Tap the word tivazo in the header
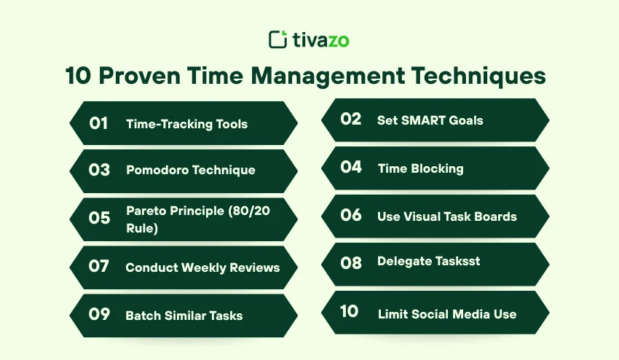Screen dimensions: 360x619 pyautogui.click(x=320, y=39)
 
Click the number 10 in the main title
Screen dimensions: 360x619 pyautogui.click(x=80, y=77)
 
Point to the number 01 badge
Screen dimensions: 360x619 pyautogui.click(x=98, y=123)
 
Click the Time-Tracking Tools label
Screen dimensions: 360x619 pyautogui.click(x=186, y=124)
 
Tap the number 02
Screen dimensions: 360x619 pyautogui.click(x=350, y=119)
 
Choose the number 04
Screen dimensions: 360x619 pyautogui.click(x=350, y=167)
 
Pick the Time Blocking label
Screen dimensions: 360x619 pyautogui.click(x=420, y=168)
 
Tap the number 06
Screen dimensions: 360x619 pyautogui.click(x=350, y=216)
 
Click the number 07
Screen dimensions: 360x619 pyautogui.click(x=98, y=267)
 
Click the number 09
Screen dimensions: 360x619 pyautogui.click(x=98, y=315)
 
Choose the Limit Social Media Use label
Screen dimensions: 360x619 pyautogui.click(x=446, y=314)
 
